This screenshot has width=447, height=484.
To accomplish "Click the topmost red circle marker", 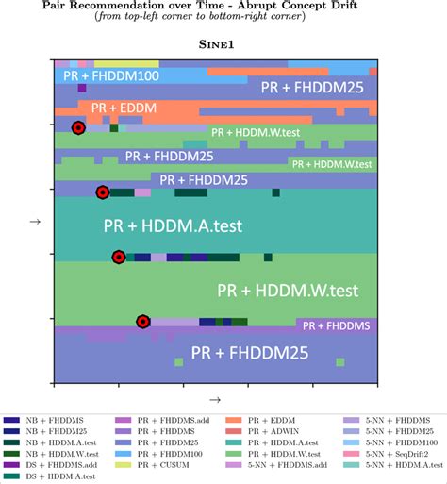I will point(78,127).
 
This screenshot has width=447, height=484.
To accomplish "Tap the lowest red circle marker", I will point(142,322).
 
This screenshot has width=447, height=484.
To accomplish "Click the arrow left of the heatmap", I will point(34,223).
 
